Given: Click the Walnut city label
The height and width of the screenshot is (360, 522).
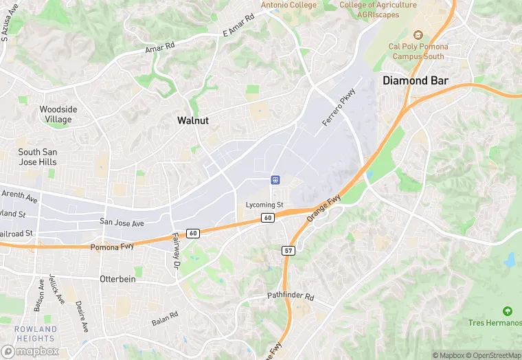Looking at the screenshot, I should pyautogui.click(x=193, y=120).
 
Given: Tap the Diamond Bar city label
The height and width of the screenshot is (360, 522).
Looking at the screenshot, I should pyautogui.click(x=415, y=80).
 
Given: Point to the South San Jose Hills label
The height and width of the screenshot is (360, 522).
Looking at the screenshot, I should pyautogui.click(x=38, y=157).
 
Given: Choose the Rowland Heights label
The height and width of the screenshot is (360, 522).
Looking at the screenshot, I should pyautogui.click(x=36, y=334).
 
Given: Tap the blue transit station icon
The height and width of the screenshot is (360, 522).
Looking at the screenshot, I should pyautogui.click(x=275, y=180).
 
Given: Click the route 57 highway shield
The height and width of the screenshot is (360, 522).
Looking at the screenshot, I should pyautogui.click(x=288, y=251).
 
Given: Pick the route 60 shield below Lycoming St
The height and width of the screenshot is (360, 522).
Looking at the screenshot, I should pyautogui.click(x=267, y=218).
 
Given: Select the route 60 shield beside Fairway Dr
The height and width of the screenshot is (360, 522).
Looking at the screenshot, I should pyautogui.click(x=193, y=234).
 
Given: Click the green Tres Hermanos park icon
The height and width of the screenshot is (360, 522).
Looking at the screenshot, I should pyautogui.click(x=508, y=312).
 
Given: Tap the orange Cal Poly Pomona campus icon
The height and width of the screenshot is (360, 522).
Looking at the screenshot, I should pyautogui.click(x=416, y=35).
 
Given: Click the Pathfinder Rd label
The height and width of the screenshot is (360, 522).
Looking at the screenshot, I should pyautogui.click(x=290, y=297).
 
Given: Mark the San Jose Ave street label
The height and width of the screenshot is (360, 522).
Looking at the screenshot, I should pyautogui.click(x=122, y=223).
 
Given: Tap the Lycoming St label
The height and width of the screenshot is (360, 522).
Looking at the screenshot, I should pyautogui.click(x=264, y=205).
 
